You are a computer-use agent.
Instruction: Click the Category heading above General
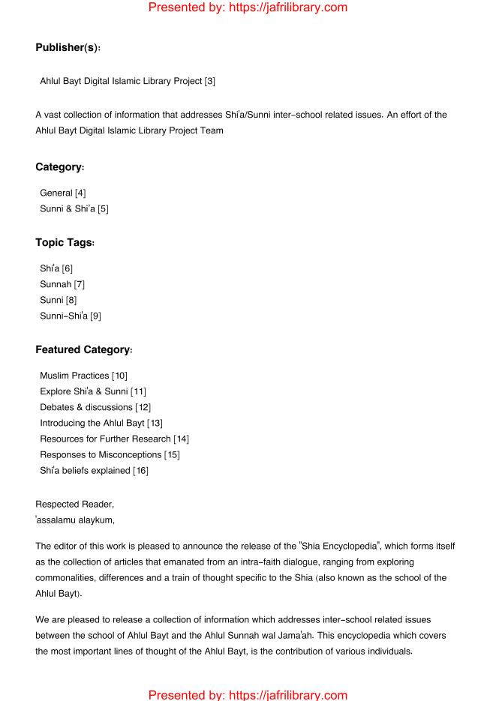point(63,168)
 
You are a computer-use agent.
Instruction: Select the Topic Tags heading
point(65,243)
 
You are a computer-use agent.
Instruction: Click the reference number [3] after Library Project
point(209,81)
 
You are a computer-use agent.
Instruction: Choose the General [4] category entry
point(62,193)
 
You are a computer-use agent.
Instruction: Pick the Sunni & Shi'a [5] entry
point(74,208)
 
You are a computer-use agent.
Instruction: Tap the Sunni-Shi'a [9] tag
point(70,316)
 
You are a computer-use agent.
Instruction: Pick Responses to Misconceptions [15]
point(110,454)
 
